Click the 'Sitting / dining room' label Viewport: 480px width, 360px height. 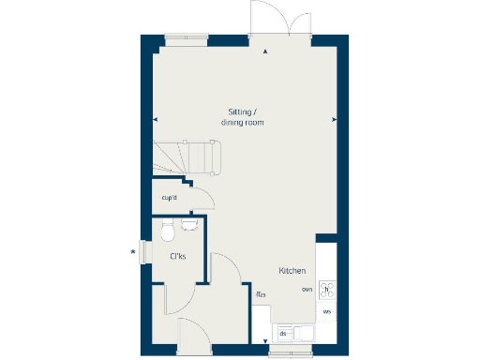click(242, 116)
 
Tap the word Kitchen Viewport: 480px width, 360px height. click(292, 271)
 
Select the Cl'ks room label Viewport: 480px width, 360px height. click(175, 256)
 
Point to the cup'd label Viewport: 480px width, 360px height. click(170, 198)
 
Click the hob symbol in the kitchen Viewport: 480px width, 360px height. click(327, 289)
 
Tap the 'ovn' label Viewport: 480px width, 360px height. click(307, 291)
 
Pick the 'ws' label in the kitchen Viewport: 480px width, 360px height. click(327, 310)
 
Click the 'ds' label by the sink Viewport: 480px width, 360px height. click(283, 333)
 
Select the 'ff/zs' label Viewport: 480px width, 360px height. click(261, 294)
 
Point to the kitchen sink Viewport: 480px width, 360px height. click(302, 333)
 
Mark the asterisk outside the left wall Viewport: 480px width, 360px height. click(133, 250)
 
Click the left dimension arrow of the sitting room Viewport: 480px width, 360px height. click(156, 119)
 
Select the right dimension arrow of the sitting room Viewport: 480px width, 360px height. click(334, 119)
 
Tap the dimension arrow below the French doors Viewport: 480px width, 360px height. click(266, 52)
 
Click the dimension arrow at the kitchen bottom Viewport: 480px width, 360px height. click(266, 341)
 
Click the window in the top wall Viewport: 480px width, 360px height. click(187, 39)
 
